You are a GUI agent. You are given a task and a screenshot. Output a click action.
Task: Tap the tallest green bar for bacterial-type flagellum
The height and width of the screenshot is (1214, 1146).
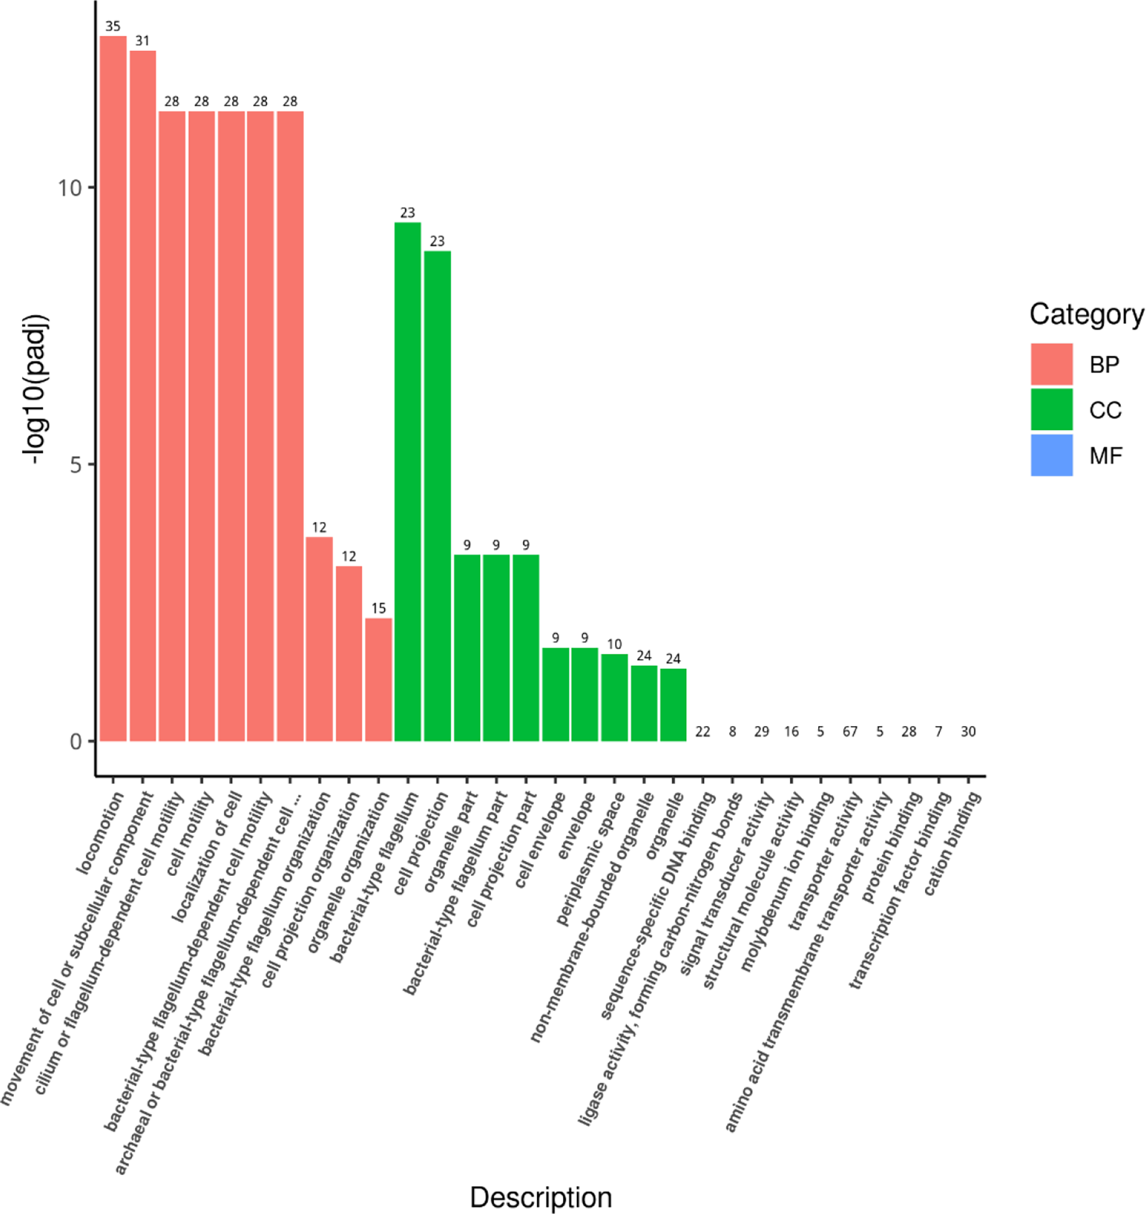pyautogui.click(x=407, y=482)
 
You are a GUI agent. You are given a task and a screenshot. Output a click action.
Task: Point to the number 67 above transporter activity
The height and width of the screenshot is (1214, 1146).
pyautogui.click(x=850, y=732)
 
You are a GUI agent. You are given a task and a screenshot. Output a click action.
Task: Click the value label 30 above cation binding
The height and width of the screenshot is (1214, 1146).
pyautogui.click(x=967, y=732)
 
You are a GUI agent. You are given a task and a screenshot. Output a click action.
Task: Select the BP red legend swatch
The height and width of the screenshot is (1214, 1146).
pyautogui.click(x=1051, y=364)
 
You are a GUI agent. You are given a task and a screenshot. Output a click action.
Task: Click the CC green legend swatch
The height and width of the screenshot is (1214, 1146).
pyautogui.click(x=1051, y=409)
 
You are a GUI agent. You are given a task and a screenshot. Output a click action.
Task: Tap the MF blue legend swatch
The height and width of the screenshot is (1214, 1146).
pyautogui.click(x=1051, y=455)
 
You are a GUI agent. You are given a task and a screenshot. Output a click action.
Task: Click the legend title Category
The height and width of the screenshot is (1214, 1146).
pyautogui.click(x=1086, y=315)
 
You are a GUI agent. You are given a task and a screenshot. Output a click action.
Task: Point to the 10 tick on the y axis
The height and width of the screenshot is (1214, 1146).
pyautogui.click(x=70, y=188)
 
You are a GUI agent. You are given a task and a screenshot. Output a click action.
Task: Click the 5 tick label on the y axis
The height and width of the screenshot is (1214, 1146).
pyautogui.click(x=76, y=466)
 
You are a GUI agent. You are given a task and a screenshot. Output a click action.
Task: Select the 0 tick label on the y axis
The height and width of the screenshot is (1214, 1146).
pyautogui.click(x=76, y=742)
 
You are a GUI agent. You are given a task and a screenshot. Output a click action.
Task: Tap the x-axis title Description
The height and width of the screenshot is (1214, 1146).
pyautogui.click(x=540, y=1197)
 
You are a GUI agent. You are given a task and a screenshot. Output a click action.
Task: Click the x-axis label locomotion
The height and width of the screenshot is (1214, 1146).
pyautogui.click(x=102, y=834)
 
